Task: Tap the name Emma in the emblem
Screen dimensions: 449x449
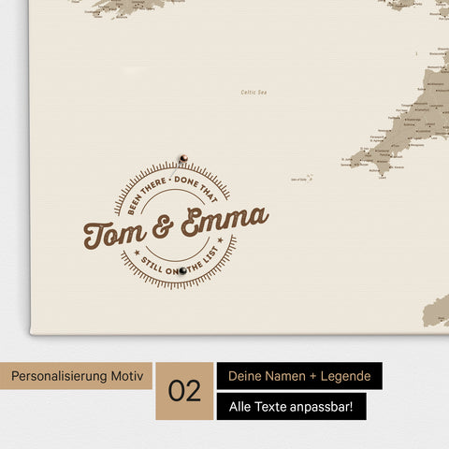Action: (x=224, y=221)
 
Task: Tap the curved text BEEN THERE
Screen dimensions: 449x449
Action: (x=138, y=188)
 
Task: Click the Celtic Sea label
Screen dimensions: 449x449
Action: (x=254, y=92)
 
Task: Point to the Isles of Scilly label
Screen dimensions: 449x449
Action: (x=301, y=177)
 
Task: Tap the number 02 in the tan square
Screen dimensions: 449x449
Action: (x=185, y=391)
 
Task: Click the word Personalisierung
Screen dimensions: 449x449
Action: (x=58, y=376)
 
